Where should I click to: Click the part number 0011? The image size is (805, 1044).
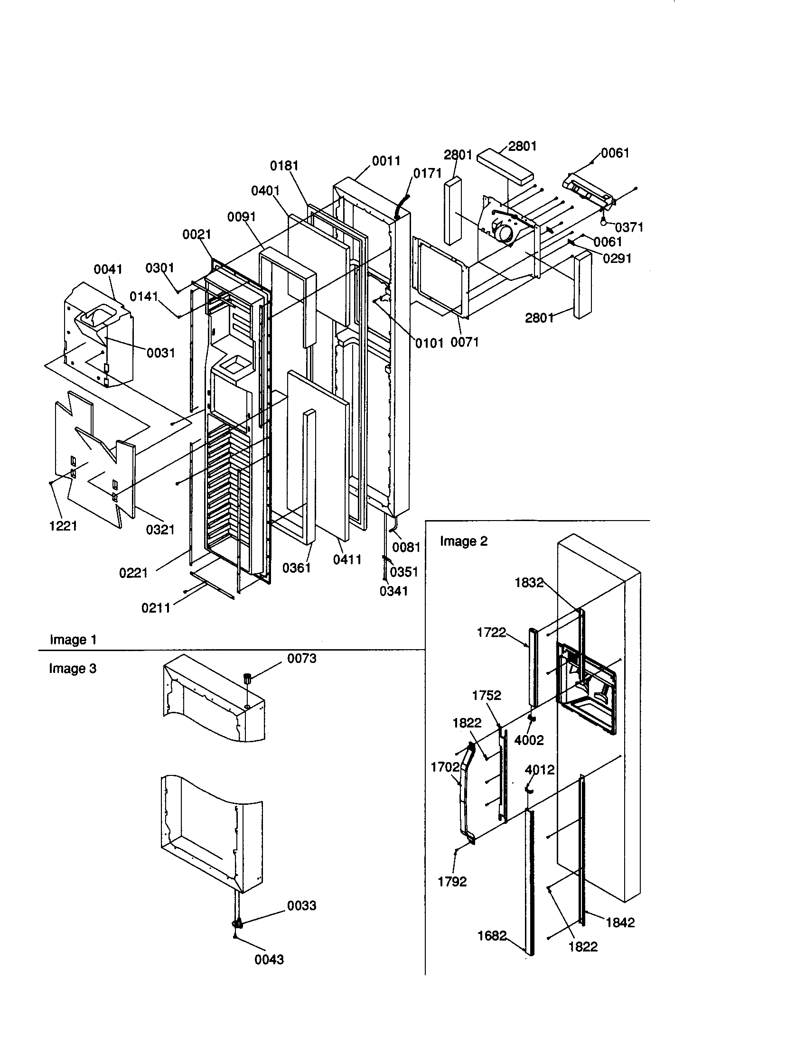point(386,161)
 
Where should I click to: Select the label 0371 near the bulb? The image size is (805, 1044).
point(628,227)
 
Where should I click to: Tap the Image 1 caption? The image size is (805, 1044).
point(73,640)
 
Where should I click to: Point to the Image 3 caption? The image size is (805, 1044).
point(73,668)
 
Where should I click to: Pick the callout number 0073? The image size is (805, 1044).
point(301,658)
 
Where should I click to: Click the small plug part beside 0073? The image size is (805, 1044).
point(248,677)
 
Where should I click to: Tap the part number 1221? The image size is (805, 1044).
point(63,526)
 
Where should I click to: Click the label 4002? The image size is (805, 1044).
point(529,740)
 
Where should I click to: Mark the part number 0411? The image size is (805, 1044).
point(347,559)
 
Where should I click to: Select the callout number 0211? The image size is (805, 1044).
point(156,608)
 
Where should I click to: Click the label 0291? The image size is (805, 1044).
point(617,259)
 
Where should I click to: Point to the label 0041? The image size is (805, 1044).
point(108,269)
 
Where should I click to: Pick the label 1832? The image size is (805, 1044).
point(529,582)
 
